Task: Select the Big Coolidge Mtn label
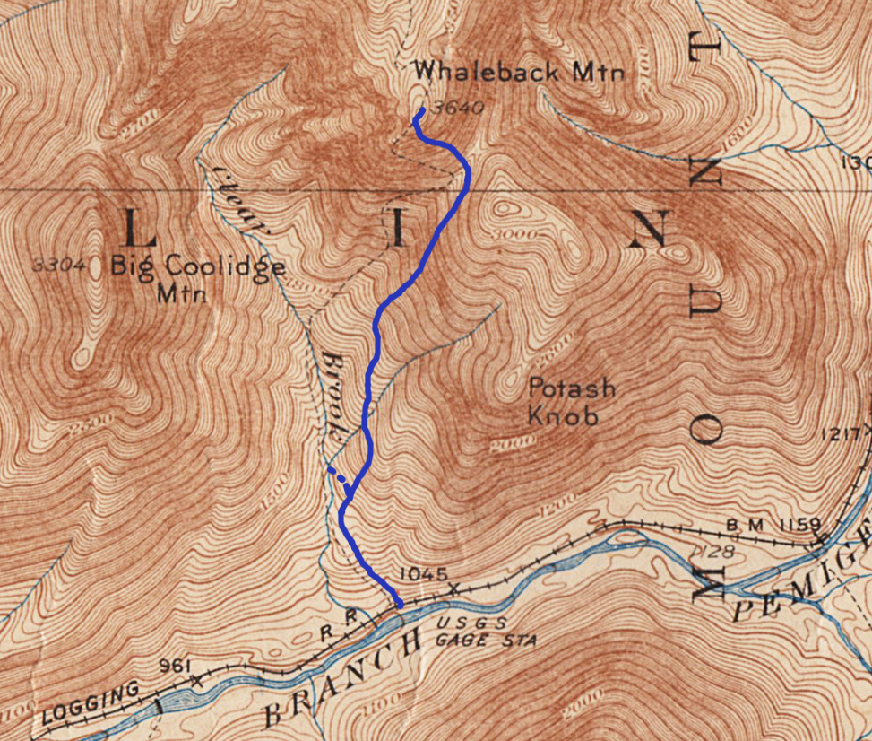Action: [198, 278]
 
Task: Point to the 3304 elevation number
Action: [60, 265]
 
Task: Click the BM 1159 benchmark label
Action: [761, 524]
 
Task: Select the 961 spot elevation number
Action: [175, 666]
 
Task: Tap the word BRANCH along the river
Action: [341, 677]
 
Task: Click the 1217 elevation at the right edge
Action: [846, 434]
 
